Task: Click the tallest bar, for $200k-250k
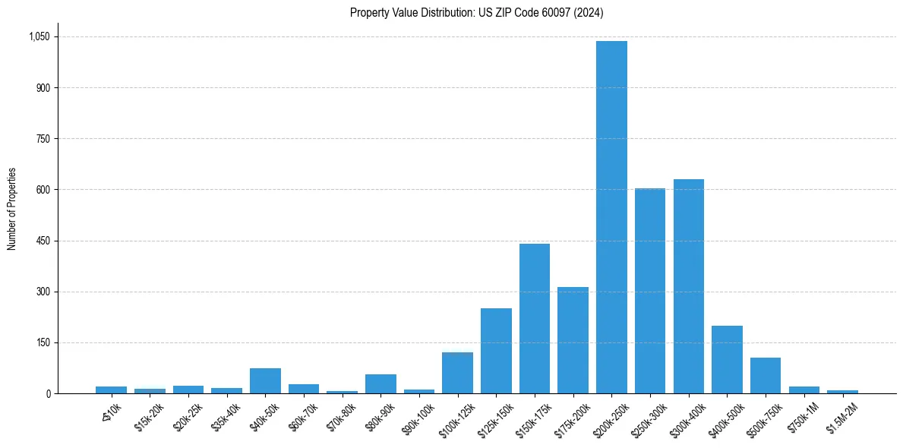(x=611, y=217)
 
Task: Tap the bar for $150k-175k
(x=535, y=318)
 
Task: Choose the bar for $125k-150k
(x=496, y=351)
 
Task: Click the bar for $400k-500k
(x=727, y=359)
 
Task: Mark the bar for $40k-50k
(x=265, y=380)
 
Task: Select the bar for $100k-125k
(x=457, y=373)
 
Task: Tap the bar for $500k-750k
(x=766, y=375)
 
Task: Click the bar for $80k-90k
(x=380, y=383)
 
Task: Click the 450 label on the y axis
(x=43, y=241)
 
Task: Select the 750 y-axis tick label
(x=43, y=139)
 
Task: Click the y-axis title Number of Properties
(x=11, y=209)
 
